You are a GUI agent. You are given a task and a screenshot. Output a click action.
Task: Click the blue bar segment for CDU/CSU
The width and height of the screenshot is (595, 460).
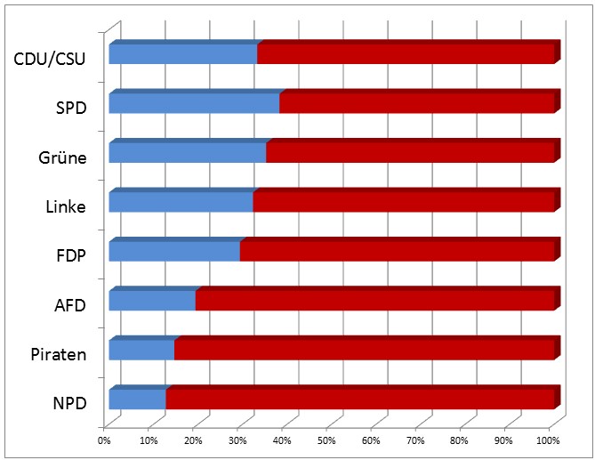coord(182,53)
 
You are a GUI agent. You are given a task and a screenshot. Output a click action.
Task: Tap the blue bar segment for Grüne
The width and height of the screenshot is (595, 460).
coord(187,152)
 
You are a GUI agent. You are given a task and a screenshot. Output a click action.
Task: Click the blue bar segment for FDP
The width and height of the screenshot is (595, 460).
coord(173,251)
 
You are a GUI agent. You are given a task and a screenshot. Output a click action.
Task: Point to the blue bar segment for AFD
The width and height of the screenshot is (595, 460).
coord(151,301)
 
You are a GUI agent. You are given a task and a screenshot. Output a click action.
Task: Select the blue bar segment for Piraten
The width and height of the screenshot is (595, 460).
coord(141,350)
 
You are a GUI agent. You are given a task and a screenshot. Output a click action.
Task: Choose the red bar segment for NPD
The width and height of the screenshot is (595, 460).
coord(359,399)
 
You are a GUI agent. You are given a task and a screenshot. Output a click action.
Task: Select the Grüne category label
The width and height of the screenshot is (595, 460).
coord(62,158)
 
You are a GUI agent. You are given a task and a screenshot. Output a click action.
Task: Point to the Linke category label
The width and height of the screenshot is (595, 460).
coord(65,208)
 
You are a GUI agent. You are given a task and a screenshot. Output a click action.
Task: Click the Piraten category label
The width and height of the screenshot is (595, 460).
coord(59,355)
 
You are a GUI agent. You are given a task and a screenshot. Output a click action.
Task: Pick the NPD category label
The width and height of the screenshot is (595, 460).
coord(69,404)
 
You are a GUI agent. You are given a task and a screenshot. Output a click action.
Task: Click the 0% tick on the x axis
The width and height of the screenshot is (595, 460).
coord(104,440)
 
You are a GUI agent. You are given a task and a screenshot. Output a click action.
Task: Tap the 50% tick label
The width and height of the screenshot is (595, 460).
coord(326,440)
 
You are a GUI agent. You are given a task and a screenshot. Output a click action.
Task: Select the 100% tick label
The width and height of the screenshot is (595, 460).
coord(548,440)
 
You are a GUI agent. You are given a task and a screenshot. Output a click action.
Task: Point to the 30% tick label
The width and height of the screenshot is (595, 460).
coord(237,440)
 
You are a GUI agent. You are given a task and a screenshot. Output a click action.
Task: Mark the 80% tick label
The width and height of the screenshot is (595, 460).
coord(460,440)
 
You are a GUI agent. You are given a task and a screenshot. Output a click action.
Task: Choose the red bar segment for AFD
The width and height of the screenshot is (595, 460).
coord(374,301)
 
